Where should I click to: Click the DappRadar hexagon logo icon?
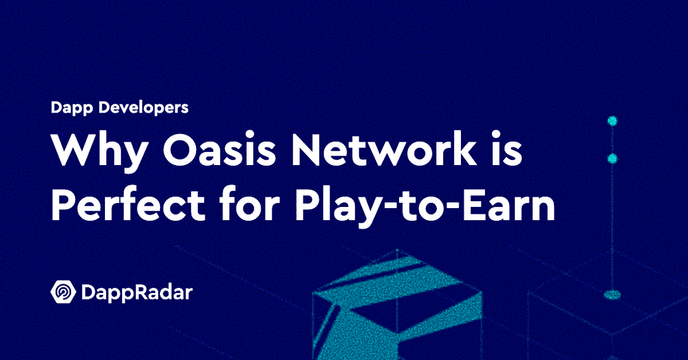(63, 292)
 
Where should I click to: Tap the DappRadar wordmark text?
(137, 293)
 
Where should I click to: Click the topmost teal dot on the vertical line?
(611, 120)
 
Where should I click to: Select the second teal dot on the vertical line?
(611, 158)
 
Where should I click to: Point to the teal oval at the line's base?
(611, 294)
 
